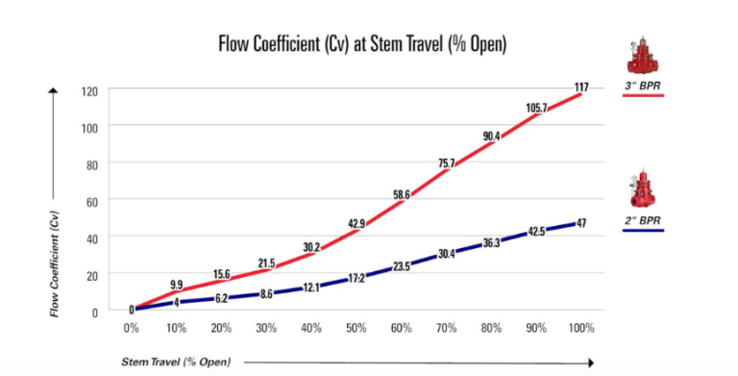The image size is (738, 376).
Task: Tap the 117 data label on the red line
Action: point(581,88)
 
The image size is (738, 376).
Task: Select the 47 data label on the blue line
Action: point(581,223)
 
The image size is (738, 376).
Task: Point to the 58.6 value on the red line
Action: point(401,194)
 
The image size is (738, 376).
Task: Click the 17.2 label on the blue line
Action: point(357,278)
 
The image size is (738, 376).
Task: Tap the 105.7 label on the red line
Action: point(536,108)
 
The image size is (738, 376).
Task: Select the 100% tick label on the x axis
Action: point(581,328)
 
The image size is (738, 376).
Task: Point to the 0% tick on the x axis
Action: point(133,328)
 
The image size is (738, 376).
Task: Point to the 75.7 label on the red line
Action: point(446,163)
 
